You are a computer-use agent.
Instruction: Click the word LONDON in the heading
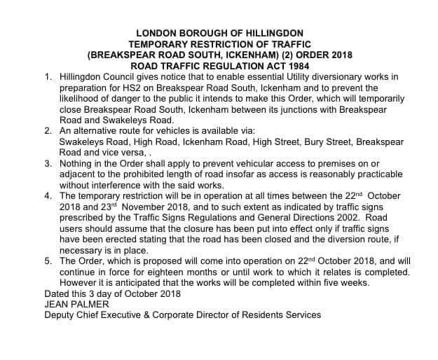pos(156,33)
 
